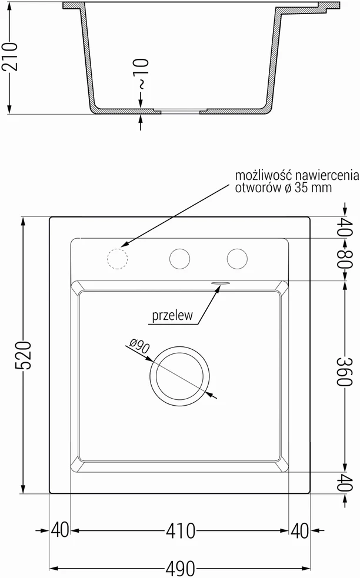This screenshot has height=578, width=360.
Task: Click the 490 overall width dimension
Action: point(180,569)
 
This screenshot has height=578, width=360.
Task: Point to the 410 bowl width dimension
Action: point(181,531)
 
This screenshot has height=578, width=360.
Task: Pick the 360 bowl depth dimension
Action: point(345,371)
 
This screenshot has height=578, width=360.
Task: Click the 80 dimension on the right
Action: point(345,259)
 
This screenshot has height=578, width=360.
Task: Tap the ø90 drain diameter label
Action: point(139,347)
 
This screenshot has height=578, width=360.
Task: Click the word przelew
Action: point(172,315)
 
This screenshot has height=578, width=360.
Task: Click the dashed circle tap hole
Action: point(117,258)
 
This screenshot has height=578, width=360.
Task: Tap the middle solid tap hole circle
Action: point(179,258)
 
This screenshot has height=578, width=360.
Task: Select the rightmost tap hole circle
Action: point(237,258)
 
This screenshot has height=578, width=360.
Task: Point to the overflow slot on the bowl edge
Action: point(220,283)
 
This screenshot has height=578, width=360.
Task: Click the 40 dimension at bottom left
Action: point(60,530)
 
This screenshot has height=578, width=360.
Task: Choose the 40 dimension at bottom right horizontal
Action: point(299,531)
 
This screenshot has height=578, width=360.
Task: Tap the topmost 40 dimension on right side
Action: point(345,227)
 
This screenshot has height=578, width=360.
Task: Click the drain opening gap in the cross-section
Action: point(180,111)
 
